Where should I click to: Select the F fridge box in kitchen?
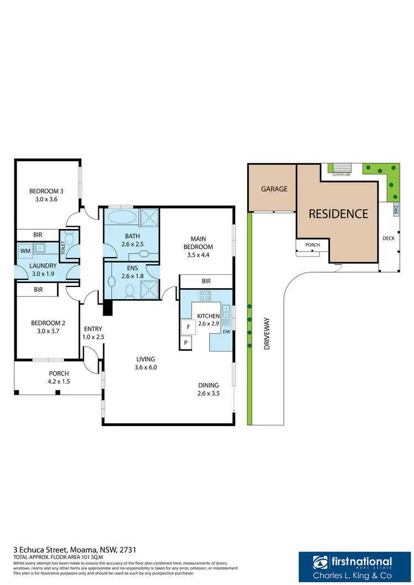coord(188,326)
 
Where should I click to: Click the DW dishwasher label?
coord(226,332)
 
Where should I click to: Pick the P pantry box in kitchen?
coord(185,343)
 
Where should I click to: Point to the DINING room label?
coord(209,385)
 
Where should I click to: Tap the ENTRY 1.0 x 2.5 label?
coord(92,332)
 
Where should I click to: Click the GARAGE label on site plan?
coord(274,189)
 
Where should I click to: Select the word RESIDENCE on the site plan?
coord(338,214)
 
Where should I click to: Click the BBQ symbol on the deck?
coord(396,210)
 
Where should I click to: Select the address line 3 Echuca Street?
coord(75,550)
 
